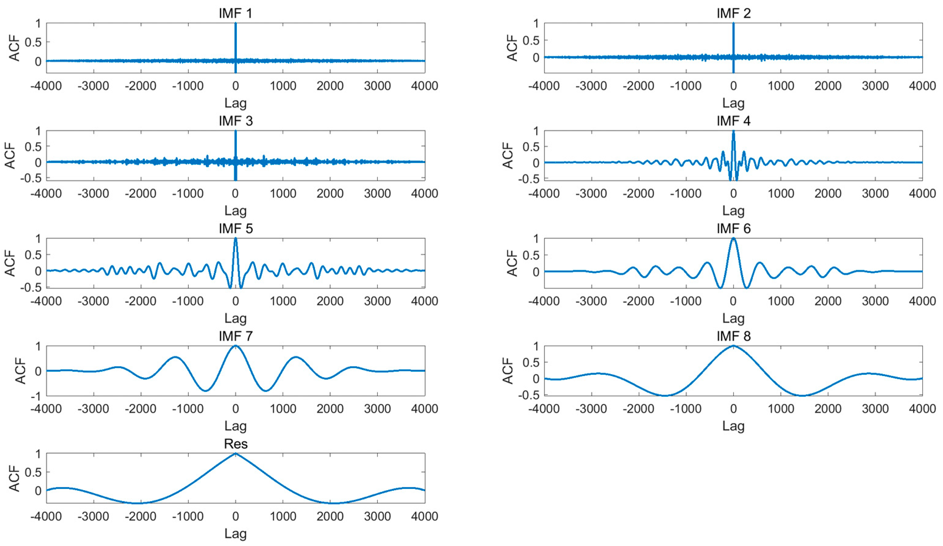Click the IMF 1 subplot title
click(x=235, y=13)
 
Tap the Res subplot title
click(x=235, y=444)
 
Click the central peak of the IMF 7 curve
click(x=235, y=346)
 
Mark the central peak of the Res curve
click(x=235, y=454)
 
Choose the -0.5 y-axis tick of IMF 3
click(x=33, y=178)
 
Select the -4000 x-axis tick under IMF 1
click(x=46, y=86)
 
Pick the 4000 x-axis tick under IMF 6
click(x=922, y=301)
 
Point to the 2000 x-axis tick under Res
click(x=330, y=516)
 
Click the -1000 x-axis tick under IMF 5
click(x=188, y=301)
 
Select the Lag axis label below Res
click(x=235, y=533)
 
